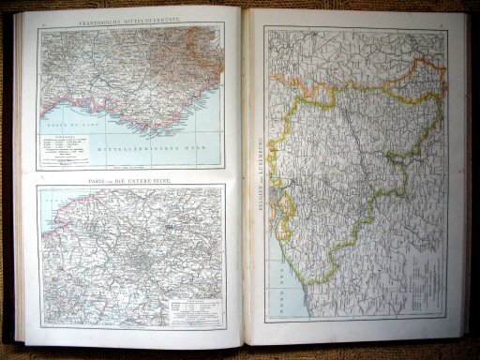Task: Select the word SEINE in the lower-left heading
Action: (168, 177)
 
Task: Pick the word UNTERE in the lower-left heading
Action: (142, 177)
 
